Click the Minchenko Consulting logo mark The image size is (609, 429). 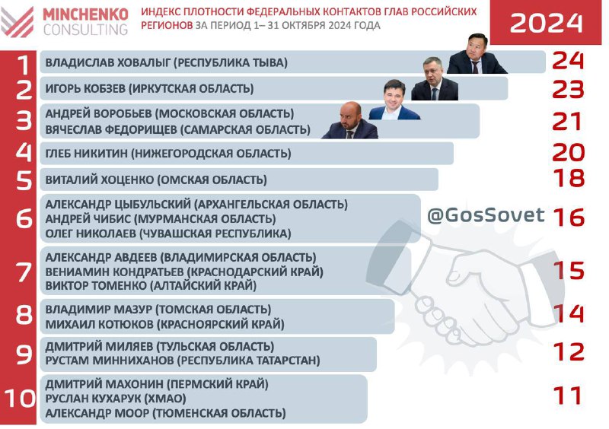coord(17,22)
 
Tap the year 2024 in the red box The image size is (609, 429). coord(546,23)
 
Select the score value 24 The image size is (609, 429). coord(568,61)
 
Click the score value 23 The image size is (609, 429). coord(568,89)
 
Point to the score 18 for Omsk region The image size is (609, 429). coord(569,178)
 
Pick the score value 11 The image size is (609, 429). coord(567,396)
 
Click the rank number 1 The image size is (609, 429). coord(24,65)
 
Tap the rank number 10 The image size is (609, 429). coord(20,399)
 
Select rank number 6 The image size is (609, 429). coord(24,218)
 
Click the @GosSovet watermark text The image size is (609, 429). coord(486,215)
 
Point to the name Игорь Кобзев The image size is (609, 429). coord(85,88)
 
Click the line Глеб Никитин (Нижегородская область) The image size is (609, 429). coord(168,154)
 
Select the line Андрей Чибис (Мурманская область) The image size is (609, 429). coord(161,219)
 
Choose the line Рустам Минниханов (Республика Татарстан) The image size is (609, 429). coord(183,361)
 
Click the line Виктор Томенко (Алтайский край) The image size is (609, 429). coord(151,286)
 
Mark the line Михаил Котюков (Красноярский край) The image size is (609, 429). coord(165,324)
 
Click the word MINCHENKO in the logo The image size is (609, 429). coord(85,14)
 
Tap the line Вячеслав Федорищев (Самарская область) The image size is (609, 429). coord(178,129)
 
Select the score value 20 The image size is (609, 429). coord(568,152)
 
